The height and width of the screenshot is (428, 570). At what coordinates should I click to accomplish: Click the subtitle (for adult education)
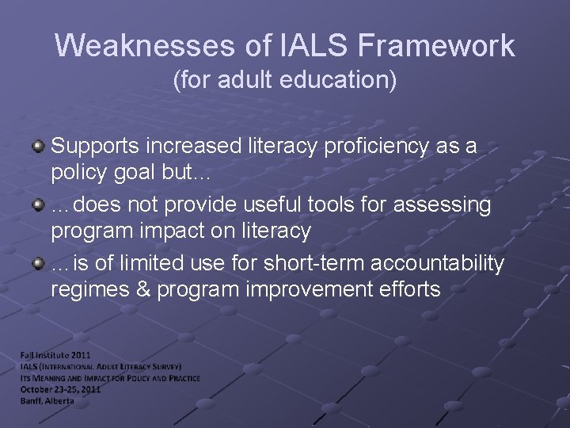285,80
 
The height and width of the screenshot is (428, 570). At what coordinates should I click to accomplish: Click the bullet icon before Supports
38,147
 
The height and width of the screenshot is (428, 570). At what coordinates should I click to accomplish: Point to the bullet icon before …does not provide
38,205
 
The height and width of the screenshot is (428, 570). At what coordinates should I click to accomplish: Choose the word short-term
297,264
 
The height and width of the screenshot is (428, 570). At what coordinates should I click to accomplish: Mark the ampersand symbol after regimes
142,289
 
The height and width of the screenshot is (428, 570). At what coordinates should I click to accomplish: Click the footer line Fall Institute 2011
55,357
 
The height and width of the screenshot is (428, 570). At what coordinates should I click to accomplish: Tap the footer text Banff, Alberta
48,400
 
